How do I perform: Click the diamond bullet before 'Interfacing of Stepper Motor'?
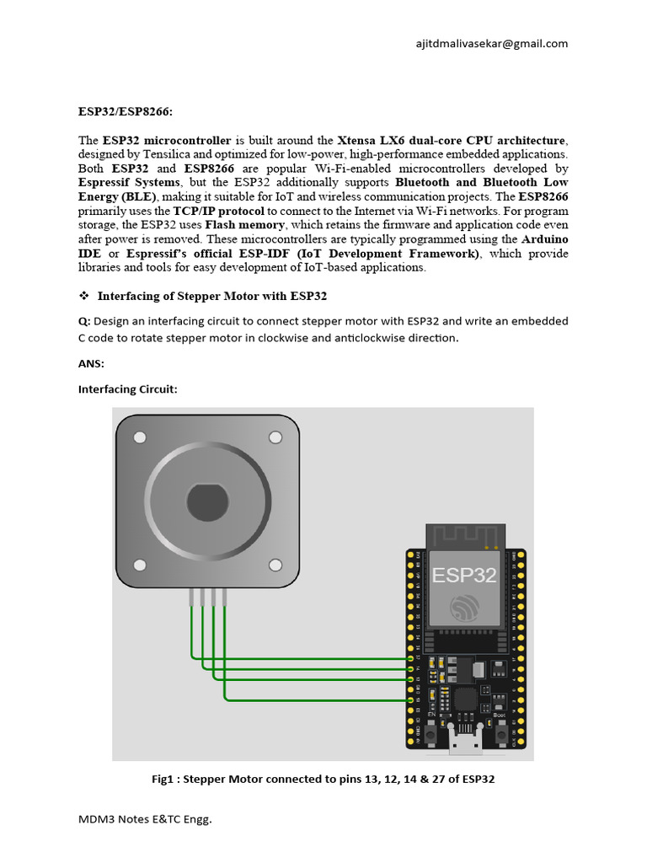coord(84,296)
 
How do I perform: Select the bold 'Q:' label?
coord(84,321)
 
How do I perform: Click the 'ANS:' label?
coord(91,363)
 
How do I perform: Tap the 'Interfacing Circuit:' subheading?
coord(128,389)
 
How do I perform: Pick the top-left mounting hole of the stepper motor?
coord(139,437)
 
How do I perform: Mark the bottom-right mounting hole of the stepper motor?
coord(275,565)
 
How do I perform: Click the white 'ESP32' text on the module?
coord(464,576)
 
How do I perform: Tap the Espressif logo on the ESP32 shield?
coord(465,609)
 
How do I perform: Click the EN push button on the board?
coord(430,734)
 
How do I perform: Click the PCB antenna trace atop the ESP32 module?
coord(465,536)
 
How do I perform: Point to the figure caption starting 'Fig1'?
coord(323,780)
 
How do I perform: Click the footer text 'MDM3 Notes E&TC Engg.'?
coord(145,819)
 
